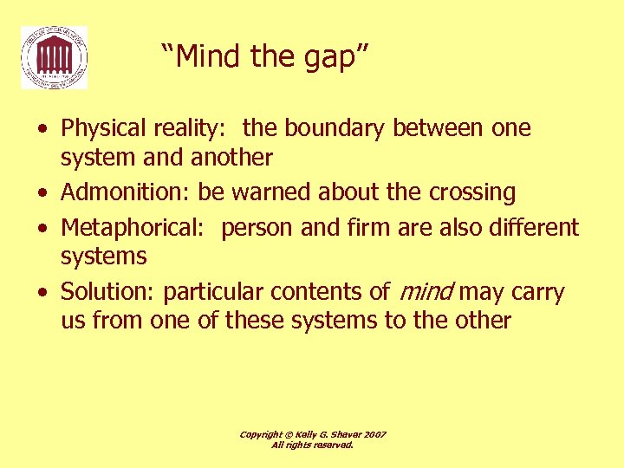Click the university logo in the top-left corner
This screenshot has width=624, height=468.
[54, 57]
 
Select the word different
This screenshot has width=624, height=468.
[527, 228]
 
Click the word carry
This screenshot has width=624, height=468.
[540, 292]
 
